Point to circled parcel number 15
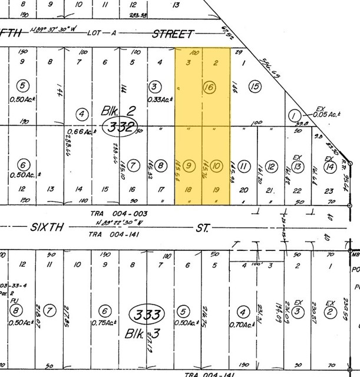[x=255, y=87]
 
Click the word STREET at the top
[x=173, y=34]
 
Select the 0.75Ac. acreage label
[x=104, y=323]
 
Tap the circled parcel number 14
[x=329, y=167]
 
